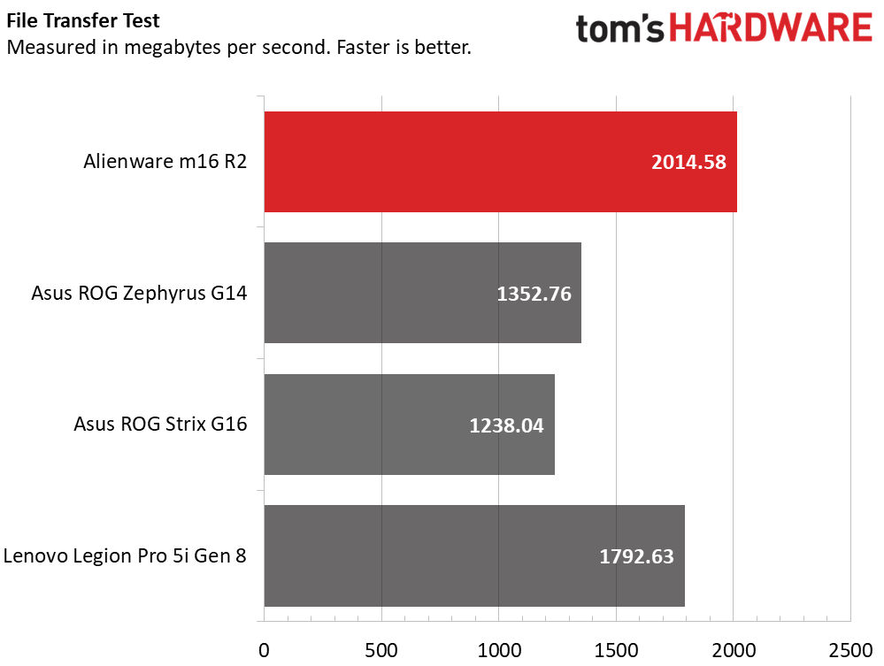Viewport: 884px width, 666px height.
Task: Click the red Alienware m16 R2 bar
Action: [x=500, y=162]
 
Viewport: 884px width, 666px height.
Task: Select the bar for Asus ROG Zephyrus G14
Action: [x=422, y=293]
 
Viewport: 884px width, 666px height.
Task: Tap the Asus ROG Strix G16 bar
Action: [x=409, y=425]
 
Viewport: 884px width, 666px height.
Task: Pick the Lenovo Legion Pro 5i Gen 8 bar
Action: [x=474, y=556]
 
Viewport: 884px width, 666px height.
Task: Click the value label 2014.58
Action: [x=688, y=162]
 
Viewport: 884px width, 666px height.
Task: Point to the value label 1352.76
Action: [x=534, y=294]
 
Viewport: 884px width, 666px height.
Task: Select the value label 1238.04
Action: [x=506, y=425]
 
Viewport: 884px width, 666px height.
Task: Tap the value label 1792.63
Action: [x=636, y=557]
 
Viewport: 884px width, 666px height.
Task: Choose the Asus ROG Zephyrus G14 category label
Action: [x=139, y=293]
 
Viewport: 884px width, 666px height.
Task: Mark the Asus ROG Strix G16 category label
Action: [x=160, y=425]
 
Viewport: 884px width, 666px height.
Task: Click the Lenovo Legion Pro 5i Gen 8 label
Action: [x=125, y=556]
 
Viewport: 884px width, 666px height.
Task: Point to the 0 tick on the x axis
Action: [x=264, y=650]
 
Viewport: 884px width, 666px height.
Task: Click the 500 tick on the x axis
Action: [x=381, y=650]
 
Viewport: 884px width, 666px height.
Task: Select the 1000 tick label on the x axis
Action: [x=498, y=650]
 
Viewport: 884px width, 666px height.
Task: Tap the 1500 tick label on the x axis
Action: [x=616, y=650]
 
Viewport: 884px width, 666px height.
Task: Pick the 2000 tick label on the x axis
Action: [x=734, y=650]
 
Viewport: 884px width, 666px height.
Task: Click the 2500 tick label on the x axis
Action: [x=850, y=650]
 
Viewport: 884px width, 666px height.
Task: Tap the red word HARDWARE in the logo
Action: [x=771, y=28]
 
